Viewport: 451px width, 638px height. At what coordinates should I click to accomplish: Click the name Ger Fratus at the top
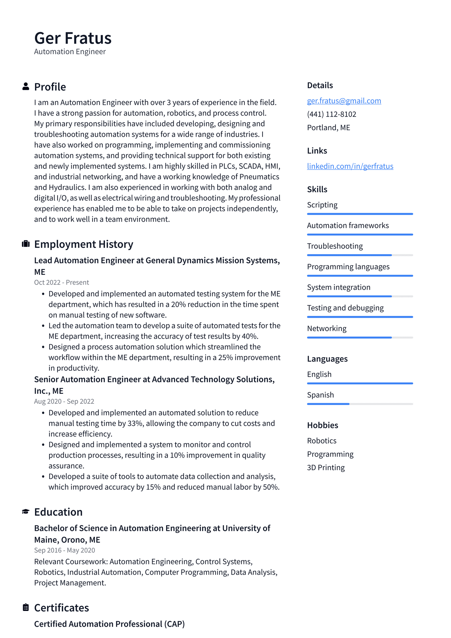tap(73, 38)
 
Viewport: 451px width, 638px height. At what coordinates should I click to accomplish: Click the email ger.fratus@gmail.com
tap(344, 101)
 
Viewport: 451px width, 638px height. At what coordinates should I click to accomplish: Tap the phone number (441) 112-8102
tap(331, 114)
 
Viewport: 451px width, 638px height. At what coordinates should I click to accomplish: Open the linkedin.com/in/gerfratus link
tap(350, 166)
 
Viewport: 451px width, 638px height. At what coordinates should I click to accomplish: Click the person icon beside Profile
tap(26, 87)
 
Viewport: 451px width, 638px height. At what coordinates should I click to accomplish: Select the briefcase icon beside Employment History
tap(26, 244)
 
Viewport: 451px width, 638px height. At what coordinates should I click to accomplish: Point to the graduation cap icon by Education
tap(26, 512)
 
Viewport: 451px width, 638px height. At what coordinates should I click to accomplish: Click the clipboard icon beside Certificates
tap(26, 607)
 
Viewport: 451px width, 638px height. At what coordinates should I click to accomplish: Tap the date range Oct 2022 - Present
tap(61, 282)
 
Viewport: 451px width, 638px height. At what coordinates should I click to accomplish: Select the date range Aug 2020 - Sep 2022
tap(64, 401)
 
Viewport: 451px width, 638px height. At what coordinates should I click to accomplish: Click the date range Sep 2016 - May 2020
tap(64, 550)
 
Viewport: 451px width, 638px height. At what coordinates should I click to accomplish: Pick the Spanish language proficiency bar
tap(360, 404)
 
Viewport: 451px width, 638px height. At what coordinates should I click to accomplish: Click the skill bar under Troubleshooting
tap(360, 255)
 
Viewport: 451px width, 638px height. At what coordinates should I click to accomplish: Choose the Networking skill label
tap(327, 328)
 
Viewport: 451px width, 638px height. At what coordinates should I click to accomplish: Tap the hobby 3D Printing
tap(326, 468)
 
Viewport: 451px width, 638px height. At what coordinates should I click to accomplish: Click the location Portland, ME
tap(328, 128)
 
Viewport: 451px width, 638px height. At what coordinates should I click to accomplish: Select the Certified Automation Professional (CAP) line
tap(109, 624)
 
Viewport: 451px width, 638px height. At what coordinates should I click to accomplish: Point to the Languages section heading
tap(327, 359)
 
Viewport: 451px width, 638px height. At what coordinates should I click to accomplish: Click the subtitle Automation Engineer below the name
tap(70, 52)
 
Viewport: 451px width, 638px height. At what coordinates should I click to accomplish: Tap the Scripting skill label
tap(322, 205)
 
